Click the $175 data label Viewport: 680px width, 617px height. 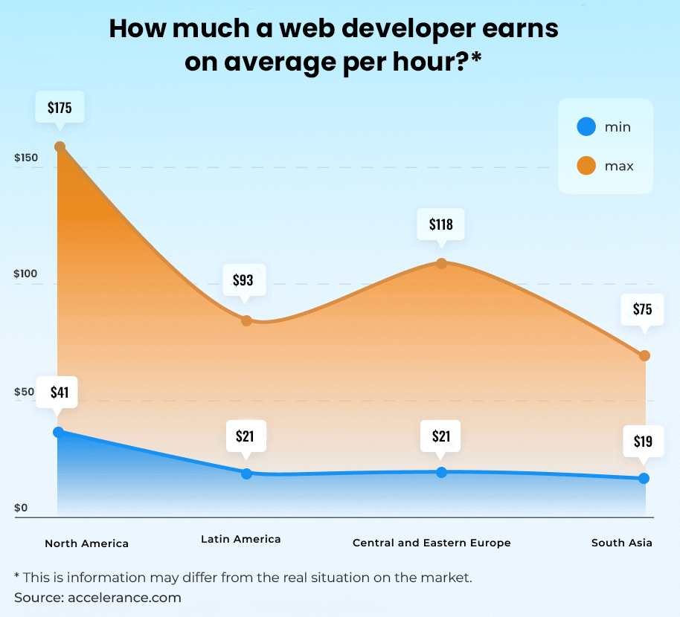[60, 108]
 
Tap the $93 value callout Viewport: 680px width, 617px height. [243, 280]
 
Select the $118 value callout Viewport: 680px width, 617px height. [441, 223]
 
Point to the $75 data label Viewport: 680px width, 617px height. [643, 309]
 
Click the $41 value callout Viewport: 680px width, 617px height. [60, 392]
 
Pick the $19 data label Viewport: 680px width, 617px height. [643, 442]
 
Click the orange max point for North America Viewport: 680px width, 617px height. [60, 147]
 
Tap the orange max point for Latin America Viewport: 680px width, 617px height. [246, 320]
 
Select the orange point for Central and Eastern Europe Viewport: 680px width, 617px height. [441, 263]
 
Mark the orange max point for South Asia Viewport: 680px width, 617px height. [644, 355]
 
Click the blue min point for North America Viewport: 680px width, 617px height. [59, 432]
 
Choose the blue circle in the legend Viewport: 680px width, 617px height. [586, 127]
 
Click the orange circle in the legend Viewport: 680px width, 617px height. [586, 166]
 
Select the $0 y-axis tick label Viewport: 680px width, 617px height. [20, 508]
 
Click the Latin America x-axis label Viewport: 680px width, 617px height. [241, 539]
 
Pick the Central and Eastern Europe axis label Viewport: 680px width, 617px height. [432, 543]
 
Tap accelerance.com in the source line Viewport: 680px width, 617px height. [124, 597]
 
